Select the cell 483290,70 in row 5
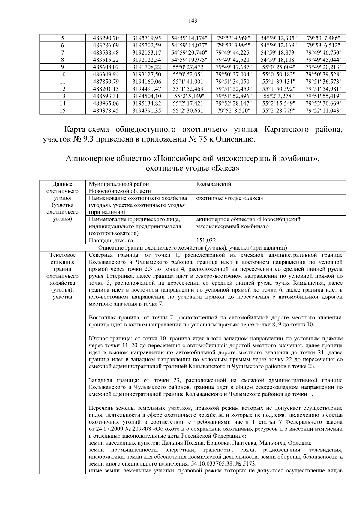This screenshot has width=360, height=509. coord(106,38)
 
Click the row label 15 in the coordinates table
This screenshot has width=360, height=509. coord(62,111)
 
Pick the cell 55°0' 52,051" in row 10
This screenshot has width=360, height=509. coord(189,74)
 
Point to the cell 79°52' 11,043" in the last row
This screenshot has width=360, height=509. coord(323,111)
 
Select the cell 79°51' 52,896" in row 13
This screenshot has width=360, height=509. coord(234,96)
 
